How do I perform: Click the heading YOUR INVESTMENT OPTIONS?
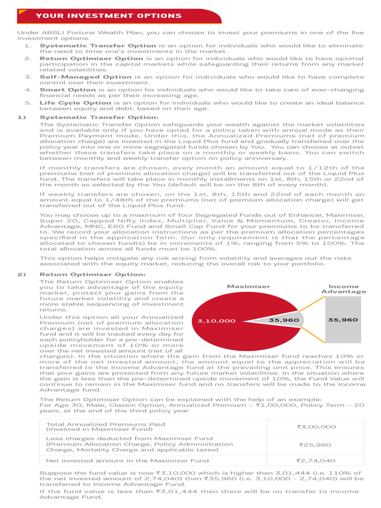[x=109, y=16]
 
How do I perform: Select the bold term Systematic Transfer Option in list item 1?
[x=98, y=46]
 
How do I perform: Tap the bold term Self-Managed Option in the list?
[x=85, y=77]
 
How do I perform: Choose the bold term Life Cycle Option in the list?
[x=75, y=103]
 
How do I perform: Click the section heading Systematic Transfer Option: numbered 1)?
[x=99, y=117]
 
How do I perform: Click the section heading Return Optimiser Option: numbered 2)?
[x=93, y=274]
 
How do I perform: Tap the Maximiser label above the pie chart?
[x=249, y=286]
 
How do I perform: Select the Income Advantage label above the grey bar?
[x=343, y=289]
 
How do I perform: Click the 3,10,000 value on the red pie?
[x=216, y=320]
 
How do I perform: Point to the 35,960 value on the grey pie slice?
[x=284, y=320]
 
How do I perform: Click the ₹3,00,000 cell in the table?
[x=316, y=427]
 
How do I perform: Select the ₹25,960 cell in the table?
[x=315, y=444]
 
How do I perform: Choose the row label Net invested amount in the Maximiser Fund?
[x=127, y=460]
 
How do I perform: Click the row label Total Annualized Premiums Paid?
[x=105, y=424]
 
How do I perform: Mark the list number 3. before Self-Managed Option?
[x=29, y=77]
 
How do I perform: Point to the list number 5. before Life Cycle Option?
[x=29, y=103]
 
